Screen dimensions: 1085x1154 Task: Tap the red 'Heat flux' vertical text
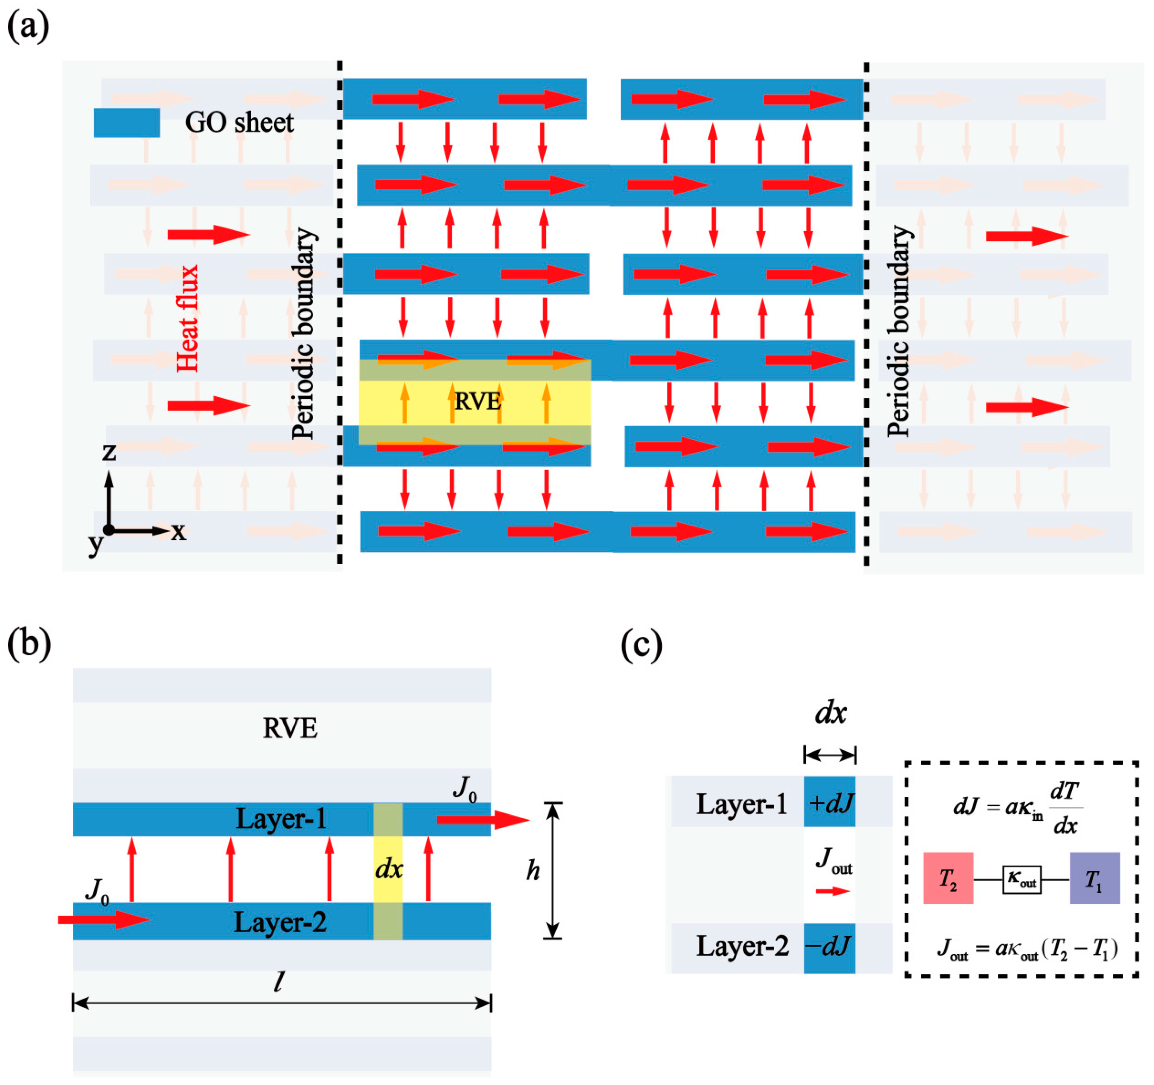click(187, 318)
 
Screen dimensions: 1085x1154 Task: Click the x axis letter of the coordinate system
click(178, 531)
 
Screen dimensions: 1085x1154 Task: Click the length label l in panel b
click(279, 982)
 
